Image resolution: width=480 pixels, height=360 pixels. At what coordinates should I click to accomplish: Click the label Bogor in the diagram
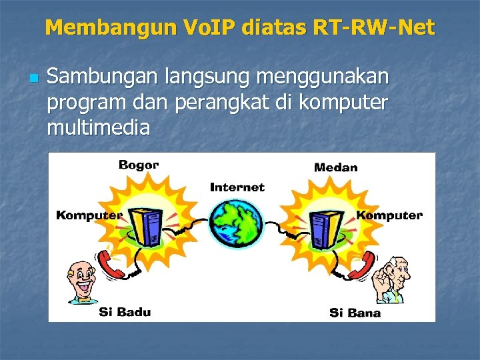point(139,165)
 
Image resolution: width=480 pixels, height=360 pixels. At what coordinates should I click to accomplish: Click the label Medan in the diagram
point(335,167)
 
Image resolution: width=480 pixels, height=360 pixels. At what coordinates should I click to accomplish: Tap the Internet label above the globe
point(237,187)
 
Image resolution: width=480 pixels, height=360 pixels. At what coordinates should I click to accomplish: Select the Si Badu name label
point(125,311)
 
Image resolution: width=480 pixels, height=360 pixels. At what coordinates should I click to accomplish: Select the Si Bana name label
point(355,313)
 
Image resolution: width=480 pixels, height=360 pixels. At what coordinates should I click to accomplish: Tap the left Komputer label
point(89,215)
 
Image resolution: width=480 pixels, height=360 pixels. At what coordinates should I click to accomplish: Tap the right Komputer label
point(389,215)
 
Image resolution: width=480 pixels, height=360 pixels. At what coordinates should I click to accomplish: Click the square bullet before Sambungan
point(31,79)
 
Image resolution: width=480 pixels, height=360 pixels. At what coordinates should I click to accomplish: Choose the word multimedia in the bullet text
point(98,126)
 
